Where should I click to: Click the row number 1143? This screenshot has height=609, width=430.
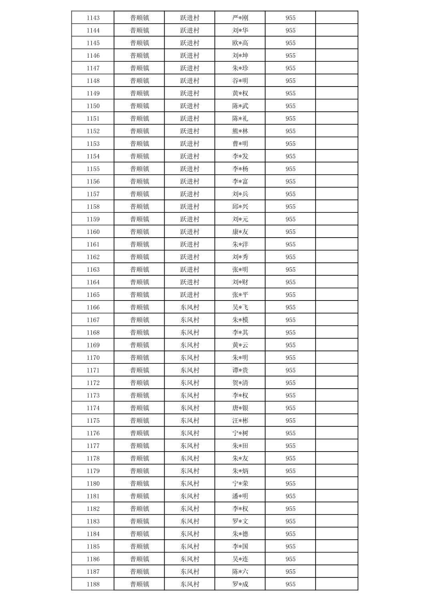click(x=93, y=18)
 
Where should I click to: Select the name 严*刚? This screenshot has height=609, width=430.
click(x=240, y=18)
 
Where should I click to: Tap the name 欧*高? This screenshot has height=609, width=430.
click(x=240, y=43)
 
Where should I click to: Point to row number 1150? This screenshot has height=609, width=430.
click(x=93, y=106)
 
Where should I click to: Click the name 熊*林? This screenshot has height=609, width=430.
click(x=240, y=131)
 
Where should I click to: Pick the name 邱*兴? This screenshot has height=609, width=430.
click(x=240, y=206)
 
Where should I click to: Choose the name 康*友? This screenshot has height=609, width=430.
click(x=240, y=232)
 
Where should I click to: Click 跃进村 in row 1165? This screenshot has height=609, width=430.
click(x=190, y=294)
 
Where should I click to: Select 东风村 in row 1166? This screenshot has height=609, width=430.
click(x=190, y=307)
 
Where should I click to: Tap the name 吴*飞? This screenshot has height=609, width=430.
click(x=240, y=307)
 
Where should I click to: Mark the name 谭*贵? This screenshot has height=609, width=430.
click(x=240, y=370)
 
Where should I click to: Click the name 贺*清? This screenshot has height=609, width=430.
click(x=240, y=383)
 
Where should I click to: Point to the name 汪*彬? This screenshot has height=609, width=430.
click(x=240, y=420)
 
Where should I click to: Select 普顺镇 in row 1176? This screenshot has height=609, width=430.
click(x=139, y=433)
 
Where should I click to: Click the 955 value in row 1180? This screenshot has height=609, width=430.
click(x=291, y=484)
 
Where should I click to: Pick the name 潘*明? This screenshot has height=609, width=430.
click(x=240, y=496)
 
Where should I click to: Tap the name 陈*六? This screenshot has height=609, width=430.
click(x=240, y=571)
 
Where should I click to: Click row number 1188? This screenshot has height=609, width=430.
click(x=93, y=584)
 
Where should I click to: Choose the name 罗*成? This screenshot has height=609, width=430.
click(x=240, y=584)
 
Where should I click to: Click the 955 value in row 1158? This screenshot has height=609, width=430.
click(x=291, y=206)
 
